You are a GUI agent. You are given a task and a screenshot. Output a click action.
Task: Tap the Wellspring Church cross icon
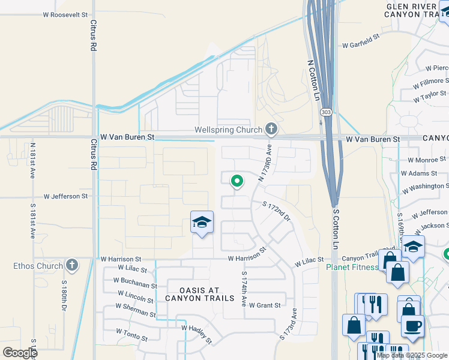click(x=271, y=129)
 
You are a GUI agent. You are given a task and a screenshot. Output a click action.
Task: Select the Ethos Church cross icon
click(x=71, y=265)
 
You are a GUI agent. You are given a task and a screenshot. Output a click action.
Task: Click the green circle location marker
click(x=237, y=180)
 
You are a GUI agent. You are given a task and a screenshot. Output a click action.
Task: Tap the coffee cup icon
click(x=412, y=326)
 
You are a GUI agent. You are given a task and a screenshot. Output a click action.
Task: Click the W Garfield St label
click(x=361, y=40)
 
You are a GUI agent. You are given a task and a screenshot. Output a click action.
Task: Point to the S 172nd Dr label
click(x=276, y=212)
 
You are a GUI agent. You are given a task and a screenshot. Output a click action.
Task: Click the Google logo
click(x=20, y=352)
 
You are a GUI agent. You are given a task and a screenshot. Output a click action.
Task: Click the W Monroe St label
click(x=427, y=160)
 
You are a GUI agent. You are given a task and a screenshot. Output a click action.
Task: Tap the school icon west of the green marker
click(x=202, y=223)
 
